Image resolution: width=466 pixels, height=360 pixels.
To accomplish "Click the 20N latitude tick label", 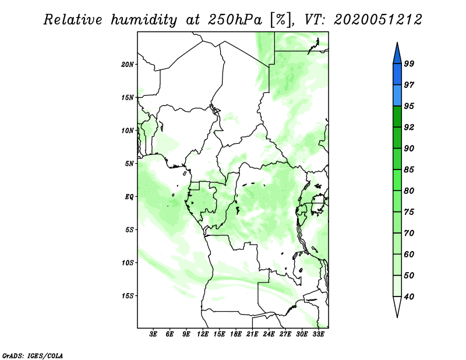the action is coord(128,65).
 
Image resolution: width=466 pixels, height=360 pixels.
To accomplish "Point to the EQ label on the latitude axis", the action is coord(129,197).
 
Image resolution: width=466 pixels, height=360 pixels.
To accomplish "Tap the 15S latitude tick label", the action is coord(128,296).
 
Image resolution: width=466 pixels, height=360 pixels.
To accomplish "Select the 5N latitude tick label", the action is coord(129,164).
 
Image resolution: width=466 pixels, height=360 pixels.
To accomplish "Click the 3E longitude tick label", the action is coord(153,334).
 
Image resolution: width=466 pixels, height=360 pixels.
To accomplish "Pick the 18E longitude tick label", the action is coord(236,334).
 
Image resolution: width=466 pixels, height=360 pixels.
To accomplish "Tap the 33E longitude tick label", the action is coord(318,334).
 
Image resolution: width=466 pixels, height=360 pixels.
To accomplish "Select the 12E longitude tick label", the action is coord(203,334).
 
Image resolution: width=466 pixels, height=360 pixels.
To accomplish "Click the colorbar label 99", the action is coord(409,63).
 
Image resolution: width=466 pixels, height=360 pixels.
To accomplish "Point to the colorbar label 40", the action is coord(409,297).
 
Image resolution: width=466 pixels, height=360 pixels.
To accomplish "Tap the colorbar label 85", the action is coord(409,170).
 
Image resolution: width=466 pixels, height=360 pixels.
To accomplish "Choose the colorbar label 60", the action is coord(409,254).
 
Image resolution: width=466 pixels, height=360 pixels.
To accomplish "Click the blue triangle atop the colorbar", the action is coord(397,55).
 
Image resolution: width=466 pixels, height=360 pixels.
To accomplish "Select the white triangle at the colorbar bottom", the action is coord(397,305).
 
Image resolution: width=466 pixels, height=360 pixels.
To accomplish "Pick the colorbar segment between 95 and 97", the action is coord(397,96).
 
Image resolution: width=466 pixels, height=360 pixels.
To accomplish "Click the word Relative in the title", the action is coord(73,20).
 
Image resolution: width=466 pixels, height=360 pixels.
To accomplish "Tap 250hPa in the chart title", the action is coord(235,20).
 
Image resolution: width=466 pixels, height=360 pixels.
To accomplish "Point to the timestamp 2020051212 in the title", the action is coord(378,20).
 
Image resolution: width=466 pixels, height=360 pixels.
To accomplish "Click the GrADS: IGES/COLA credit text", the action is coord(33,356).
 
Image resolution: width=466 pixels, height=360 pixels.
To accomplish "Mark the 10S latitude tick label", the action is coord(128,263).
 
